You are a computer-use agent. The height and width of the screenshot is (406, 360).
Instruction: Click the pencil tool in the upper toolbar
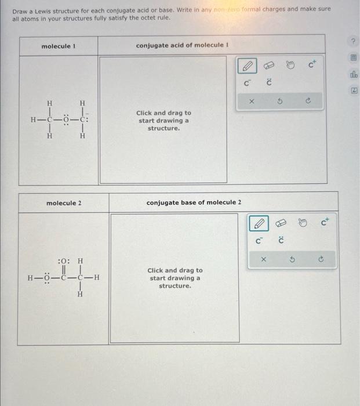point(246,66)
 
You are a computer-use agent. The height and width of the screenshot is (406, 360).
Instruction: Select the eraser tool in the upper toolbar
point(270,66)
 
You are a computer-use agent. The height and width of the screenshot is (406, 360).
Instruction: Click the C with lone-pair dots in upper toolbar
point(269,82)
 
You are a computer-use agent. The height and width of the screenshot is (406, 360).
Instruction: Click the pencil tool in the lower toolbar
point(259,223)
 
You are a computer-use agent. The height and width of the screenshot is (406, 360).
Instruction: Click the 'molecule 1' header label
point(56,46)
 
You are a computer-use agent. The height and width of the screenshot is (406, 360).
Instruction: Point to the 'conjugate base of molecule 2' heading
point(194,202)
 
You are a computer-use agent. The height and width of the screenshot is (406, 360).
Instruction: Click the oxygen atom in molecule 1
point(67,120)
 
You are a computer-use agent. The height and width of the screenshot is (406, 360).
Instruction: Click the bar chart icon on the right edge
point(353,74)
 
